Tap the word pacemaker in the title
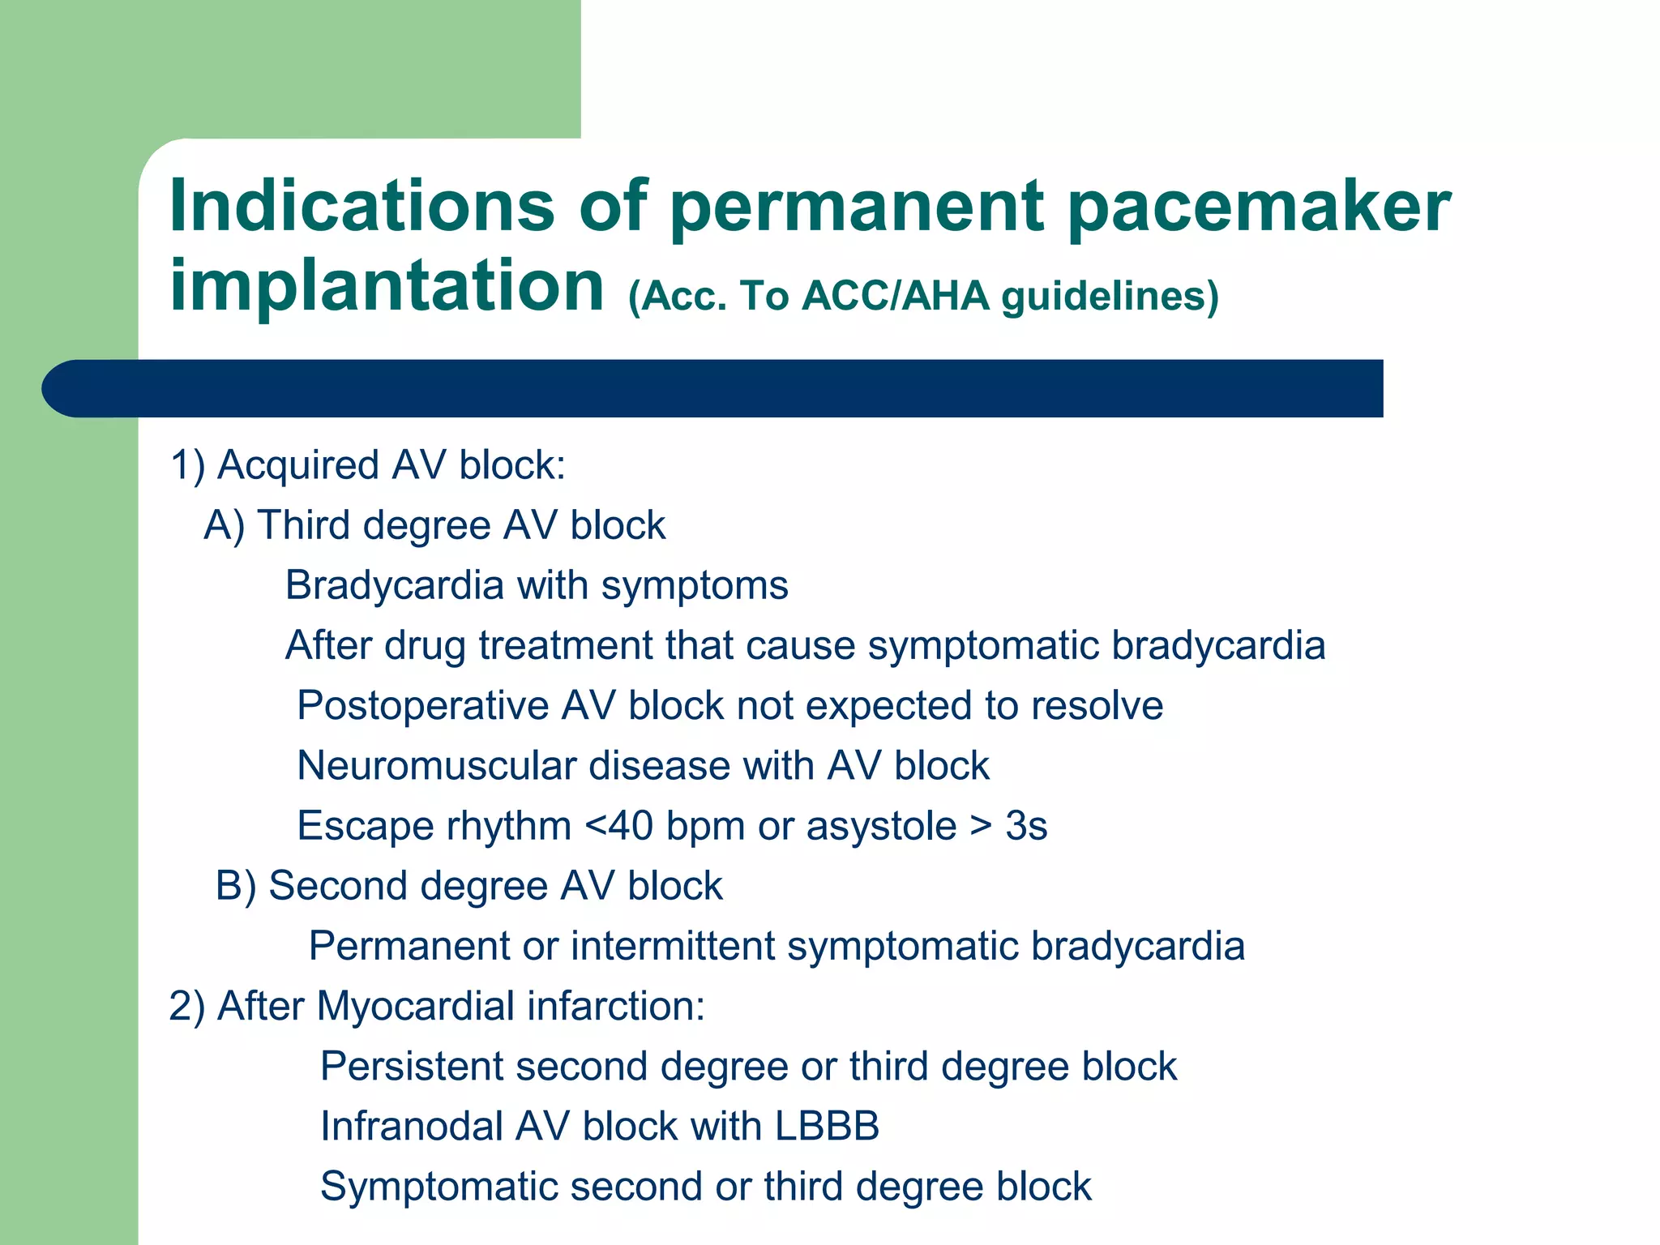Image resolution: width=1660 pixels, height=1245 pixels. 1259,207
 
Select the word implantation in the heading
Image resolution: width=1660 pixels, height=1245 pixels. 387,285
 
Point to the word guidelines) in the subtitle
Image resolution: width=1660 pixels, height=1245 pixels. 1110,297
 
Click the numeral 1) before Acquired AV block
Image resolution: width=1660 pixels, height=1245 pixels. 187,466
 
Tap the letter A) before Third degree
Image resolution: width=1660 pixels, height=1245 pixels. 225,526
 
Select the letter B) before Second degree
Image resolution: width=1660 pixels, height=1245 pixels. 236,886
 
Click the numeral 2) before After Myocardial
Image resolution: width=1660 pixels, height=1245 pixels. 187,1007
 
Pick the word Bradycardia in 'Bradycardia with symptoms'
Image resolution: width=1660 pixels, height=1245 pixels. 395,586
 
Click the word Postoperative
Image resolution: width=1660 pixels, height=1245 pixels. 423,706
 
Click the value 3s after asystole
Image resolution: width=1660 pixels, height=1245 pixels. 1026,827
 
